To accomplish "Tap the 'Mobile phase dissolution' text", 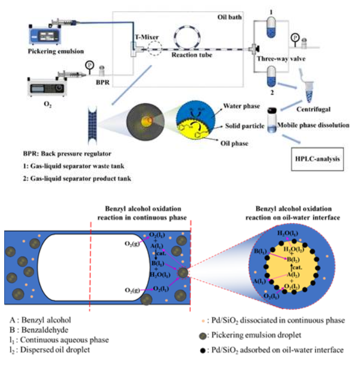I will coord(312,126).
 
